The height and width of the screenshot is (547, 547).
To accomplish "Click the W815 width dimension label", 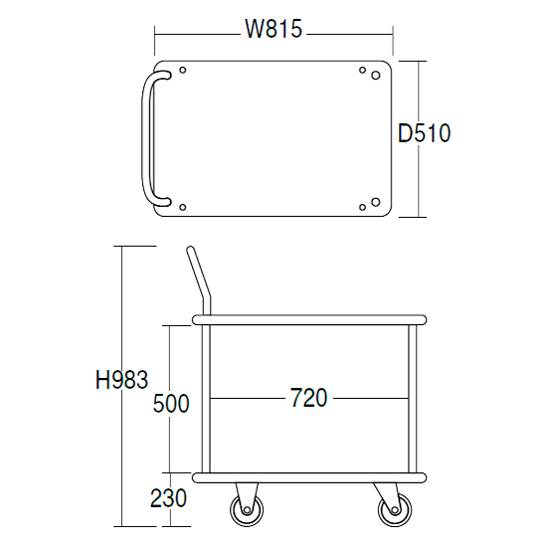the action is click(273, 29).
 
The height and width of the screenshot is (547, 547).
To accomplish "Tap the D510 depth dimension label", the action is click(425, 133).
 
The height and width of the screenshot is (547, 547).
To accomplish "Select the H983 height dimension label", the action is click(121, 380).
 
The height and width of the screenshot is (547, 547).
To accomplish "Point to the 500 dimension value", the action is click(171, 403).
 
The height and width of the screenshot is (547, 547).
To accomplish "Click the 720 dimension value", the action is click(308, 398).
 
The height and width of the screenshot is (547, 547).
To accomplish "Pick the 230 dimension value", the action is click(168, 498).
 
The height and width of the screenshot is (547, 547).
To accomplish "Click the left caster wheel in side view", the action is click(247, 510).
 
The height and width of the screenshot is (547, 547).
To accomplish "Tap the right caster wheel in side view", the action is click(395, 510).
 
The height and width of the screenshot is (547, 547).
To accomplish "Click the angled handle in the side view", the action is click(200, 279).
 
